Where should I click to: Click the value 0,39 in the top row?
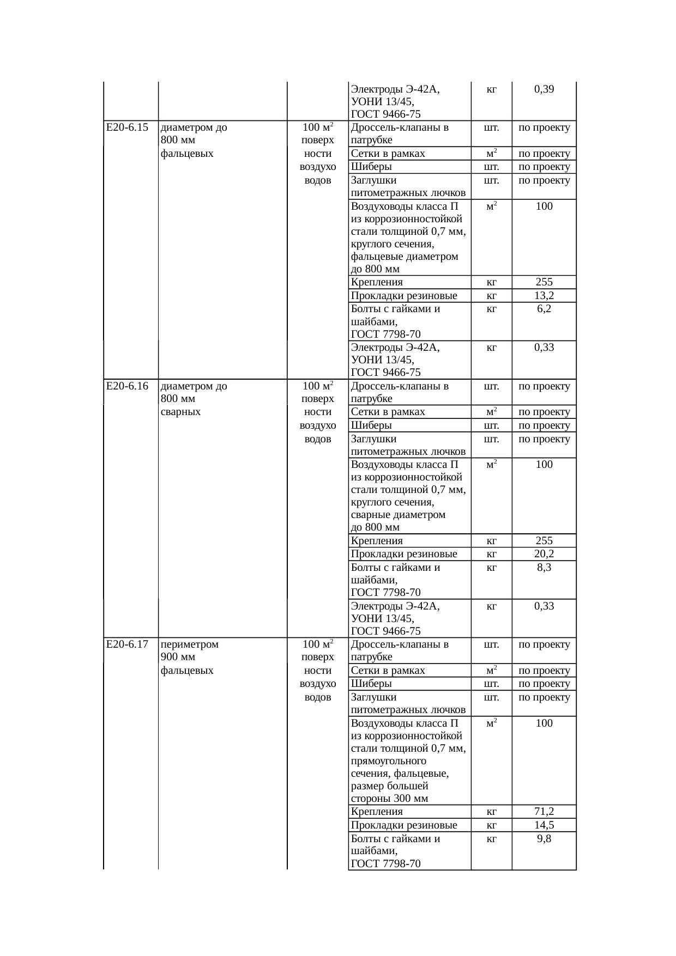tap(544, 89)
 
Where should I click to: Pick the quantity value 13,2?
tap(544, 296)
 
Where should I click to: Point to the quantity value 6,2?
tap(544, 309)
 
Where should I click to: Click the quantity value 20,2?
tap(544, 554)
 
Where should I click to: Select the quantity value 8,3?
tap(544, 568)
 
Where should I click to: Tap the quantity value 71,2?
tap(544, 812)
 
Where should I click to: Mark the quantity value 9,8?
tap(544, 839)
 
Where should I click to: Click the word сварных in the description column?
tap(181, 412)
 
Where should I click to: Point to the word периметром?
tap(190, 644)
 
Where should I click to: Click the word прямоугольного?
tap(389, 760)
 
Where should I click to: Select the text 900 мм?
tap(178, 657)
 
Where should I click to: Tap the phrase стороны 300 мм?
tap(389, 799)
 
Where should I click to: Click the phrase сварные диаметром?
tap(398, 515)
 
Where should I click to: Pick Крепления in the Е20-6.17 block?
tap(377, 812)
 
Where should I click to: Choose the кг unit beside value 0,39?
tap(491, 89)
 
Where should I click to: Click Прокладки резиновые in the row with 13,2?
tap(404, 296)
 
